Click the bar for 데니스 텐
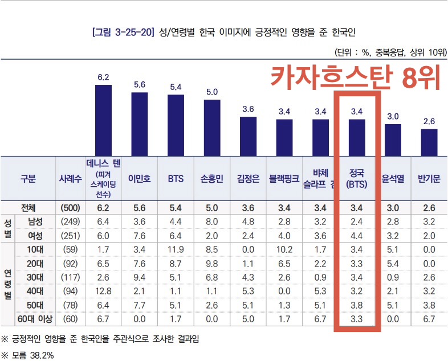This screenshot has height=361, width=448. [103, 120]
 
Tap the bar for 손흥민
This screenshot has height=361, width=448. [212, 127]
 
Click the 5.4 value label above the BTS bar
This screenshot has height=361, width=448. [176, 87]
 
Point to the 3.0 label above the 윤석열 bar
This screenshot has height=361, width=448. [393, 116]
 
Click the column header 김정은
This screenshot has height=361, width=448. [248, 178]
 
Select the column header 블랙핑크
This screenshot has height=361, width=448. [284, 178]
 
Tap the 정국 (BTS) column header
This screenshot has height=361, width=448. [356, 178]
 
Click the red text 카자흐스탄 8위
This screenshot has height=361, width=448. [356, 77]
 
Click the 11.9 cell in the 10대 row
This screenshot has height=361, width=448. [176, 249]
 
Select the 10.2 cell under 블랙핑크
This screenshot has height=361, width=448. [284, 249]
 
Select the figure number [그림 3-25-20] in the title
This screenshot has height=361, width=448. [123, 31]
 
